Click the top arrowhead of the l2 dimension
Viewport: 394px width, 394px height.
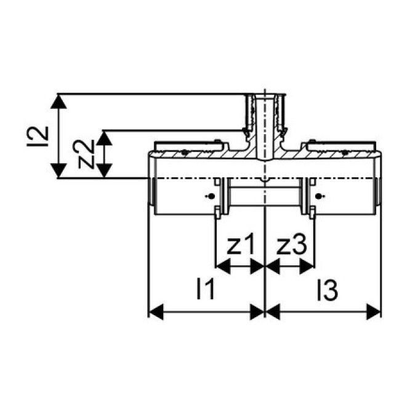(x=58, y=100)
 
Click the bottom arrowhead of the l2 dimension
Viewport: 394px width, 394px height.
(x=58, y=172)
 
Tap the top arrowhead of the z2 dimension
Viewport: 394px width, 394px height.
(x=106, y=137)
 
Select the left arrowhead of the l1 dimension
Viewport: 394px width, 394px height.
(x=155, y=312)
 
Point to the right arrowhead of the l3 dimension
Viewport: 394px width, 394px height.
(x=375, y=312)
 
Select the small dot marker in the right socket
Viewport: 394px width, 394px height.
(x=319, y=196)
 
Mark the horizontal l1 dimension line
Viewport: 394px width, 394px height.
(x=207, y=312)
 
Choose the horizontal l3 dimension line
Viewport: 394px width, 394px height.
(x=323, y=312)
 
